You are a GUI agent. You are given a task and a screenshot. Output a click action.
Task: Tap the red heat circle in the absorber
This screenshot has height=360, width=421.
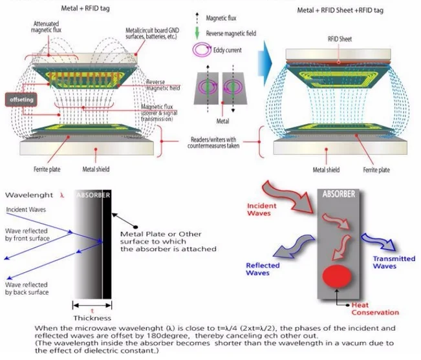[x=337, y=276]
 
